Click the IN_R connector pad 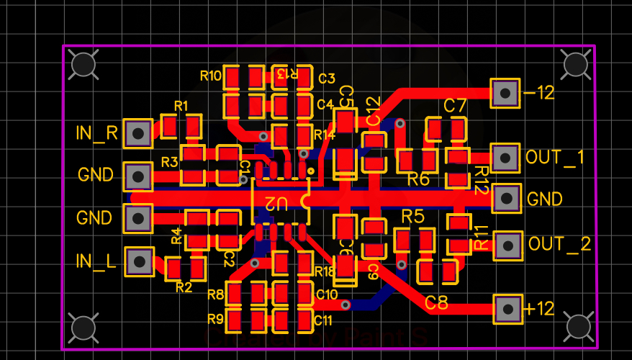tap(137, 132)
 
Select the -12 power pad tap(505, 93)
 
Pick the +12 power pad tap(508, 309)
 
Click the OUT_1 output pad tap(505, 158)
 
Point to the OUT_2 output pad tap(508, 246)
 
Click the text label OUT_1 tap(555, 158)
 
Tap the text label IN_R tap(97, 132)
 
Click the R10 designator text tap(210, 76)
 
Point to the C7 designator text tap(455, 106)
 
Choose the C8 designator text tap(436, 303)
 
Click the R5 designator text tap(412, 216)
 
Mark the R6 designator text tap(418, 179)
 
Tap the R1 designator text tap(181, 106)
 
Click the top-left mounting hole tap(84, 64)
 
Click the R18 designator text tap(325, 271)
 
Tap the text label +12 tap(540, 309)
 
